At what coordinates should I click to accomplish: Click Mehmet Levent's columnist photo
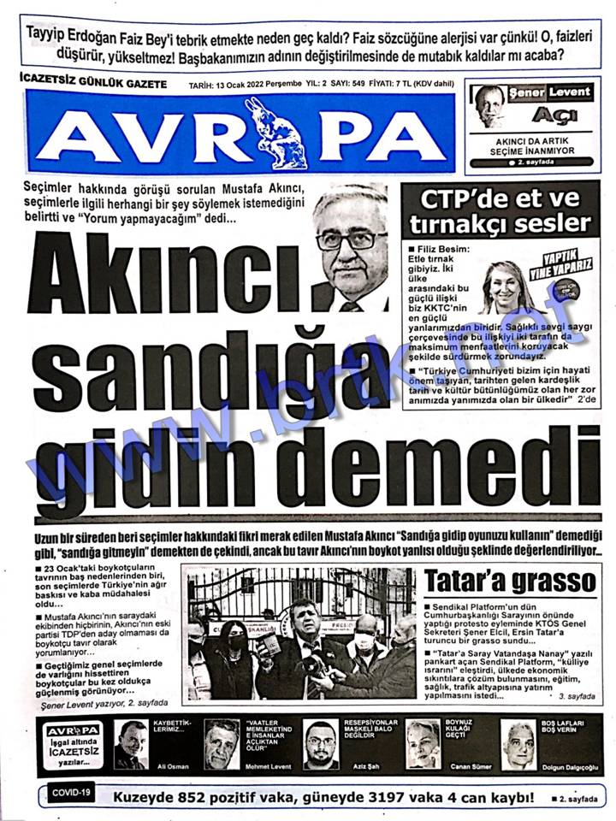pyautogui.click(x=222, y=744)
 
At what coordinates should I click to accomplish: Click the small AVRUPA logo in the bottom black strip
pyautogui.click(x=74, y=729)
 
